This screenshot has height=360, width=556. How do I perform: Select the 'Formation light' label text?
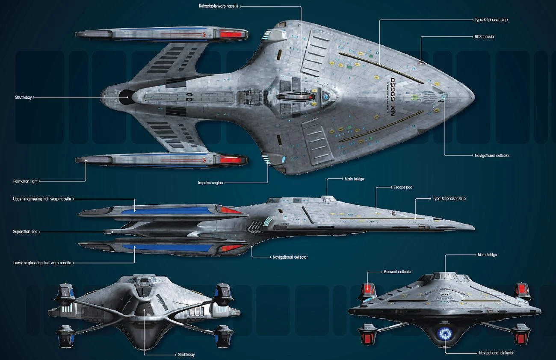[26, 181]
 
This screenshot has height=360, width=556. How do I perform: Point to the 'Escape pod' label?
[403, 187]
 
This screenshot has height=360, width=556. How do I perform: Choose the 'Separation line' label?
[25, 231]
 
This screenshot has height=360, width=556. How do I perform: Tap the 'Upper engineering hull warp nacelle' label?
[42, 199]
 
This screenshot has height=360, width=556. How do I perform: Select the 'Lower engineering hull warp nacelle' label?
[42, 262]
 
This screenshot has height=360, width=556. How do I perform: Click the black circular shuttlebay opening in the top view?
[125, 97]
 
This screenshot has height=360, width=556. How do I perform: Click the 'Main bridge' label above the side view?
[353, 179]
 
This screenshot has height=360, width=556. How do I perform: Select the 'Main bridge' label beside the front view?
[487, 255]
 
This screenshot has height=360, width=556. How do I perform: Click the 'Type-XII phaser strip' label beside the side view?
[449, 199]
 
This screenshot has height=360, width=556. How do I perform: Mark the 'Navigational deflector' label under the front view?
[496, 353]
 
